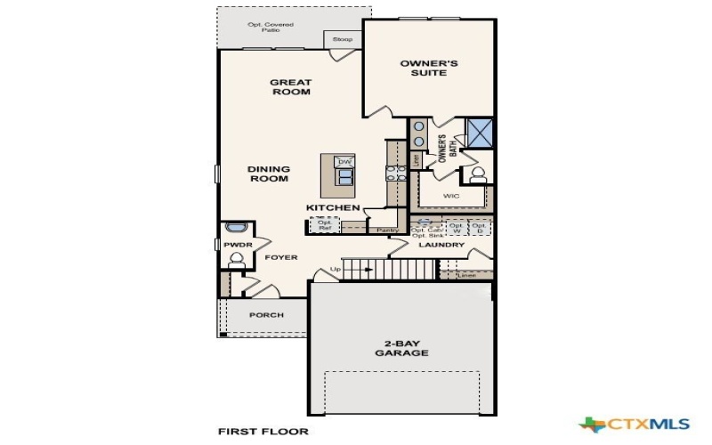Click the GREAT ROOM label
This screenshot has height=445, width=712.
point(290,86)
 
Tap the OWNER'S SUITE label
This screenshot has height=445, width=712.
point(429,68)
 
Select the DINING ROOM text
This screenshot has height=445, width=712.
point(268,174)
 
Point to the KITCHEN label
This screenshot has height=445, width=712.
point(332,208)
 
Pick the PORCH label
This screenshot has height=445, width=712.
point(265,315)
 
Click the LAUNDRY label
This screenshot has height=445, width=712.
point(442,245)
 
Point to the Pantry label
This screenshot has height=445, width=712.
point(387,230)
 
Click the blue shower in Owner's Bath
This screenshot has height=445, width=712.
point(481,133)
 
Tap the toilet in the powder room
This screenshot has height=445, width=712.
point(236,260)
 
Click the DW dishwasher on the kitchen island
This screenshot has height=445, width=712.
point(344,161)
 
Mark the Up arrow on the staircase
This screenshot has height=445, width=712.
point(336,269)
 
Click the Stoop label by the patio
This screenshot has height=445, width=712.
point(342,40)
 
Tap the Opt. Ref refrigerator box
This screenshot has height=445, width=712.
point(324,225)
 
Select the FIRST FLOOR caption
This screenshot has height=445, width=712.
point(263,432)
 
